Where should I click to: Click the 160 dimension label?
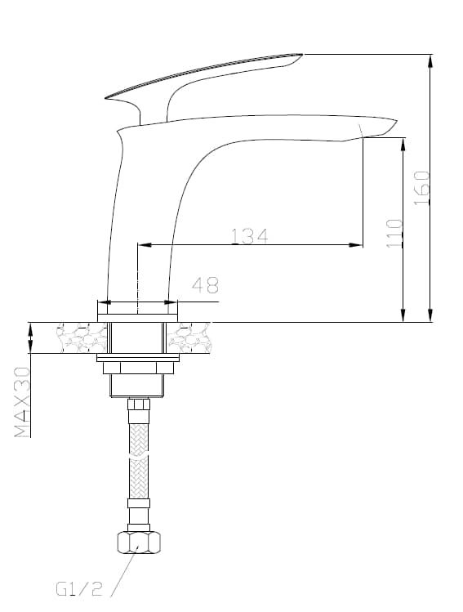[x=421, y=188]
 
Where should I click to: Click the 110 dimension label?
[x=394, y=233]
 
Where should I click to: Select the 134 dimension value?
[x=250, y=236]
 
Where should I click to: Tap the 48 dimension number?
[x=205, y=285]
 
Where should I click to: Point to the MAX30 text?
[x=22, y=402]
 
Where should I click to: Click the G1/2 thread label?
[x=79, y=589]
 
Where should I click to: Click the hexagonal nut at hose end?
[x=139, y=542]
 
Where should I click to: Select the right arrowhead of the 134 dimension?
[x=356, y=245]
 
